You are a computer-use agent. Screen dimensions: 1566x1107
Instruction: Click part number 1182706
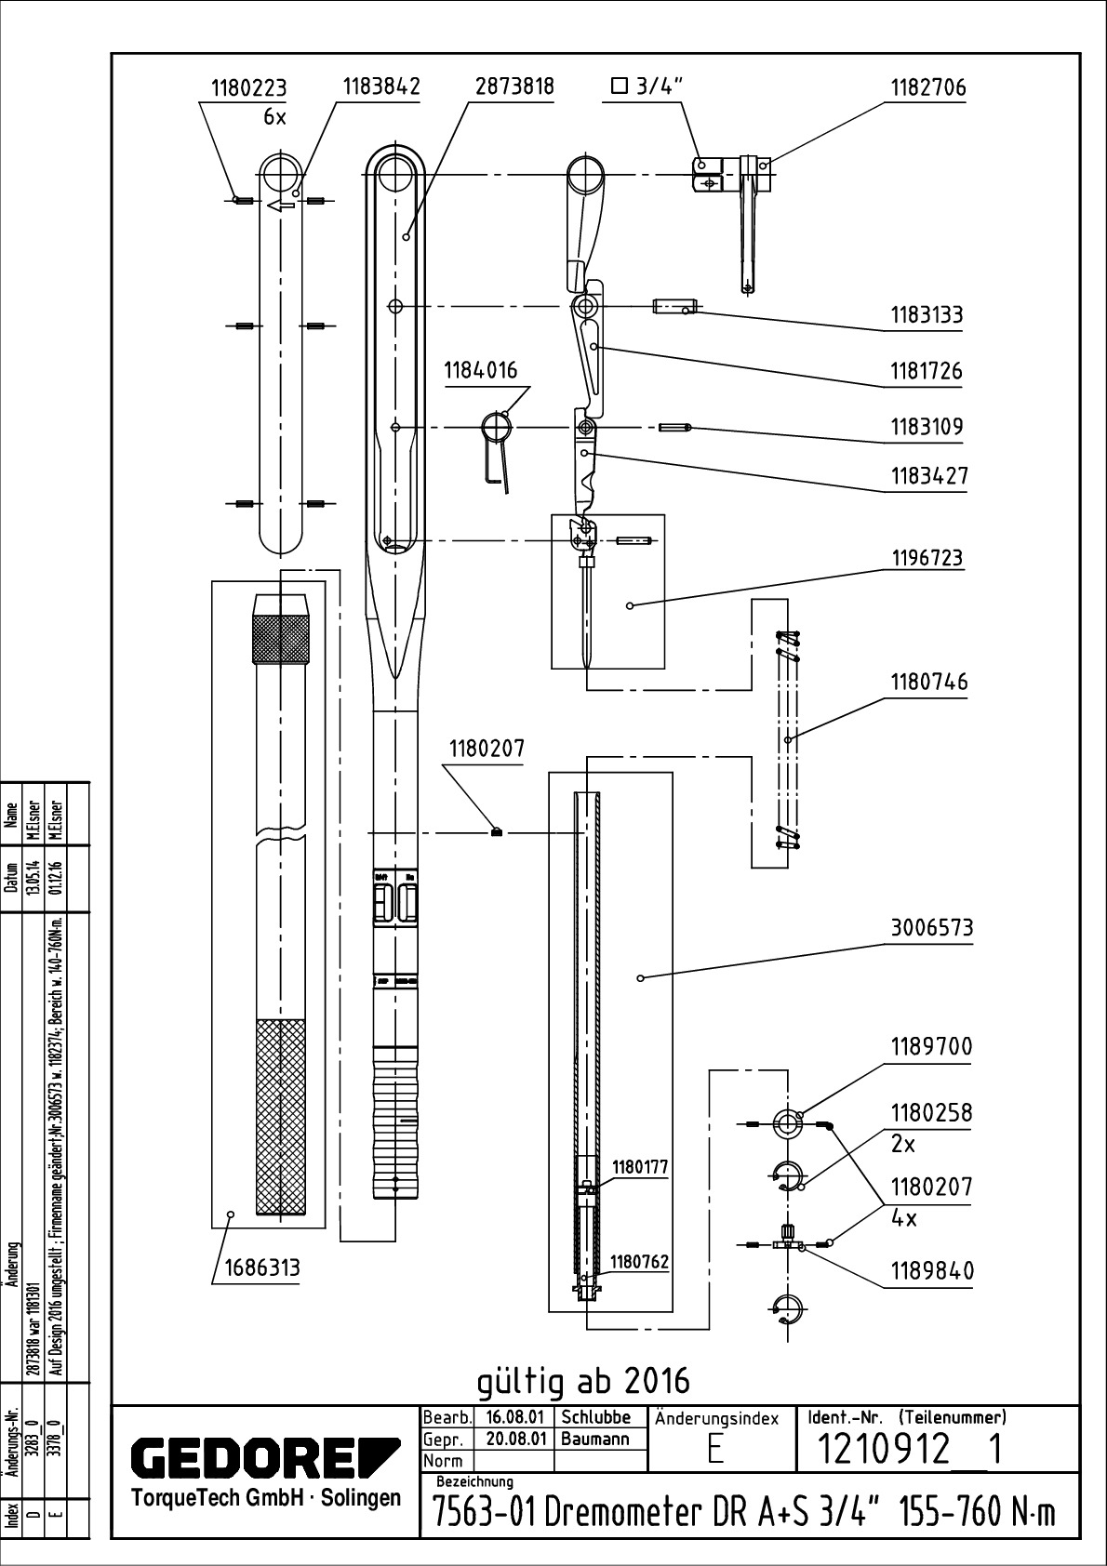928,87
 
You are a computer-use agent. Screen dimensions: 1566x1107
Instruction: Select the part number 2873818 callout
514,86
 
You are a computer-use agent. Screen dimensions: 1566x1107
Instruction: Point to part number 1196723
927,558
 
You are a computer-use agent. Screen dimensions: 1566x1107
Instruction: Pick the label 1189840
932,1270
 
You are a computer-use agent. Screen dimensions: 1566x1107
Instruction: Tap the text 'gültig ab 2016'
583,1381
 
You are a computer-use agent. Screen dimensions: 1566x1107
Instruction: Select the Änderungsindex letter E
714,1452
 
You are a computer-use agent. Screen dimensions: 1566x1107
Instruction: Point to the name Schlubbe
596,1418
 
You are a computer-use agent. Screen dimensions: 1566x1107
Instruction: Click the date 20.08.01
514,1439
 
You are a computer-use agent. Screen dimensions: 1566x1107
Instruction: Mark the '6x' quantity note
275,117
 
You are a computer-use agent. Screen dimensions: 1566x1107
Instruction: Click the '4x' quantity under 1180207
903,1217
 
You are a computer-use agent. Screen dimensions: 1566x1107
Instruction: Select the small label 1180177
639,1167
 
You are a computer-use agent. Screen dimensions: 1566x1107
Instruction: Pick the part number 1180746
928,682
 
